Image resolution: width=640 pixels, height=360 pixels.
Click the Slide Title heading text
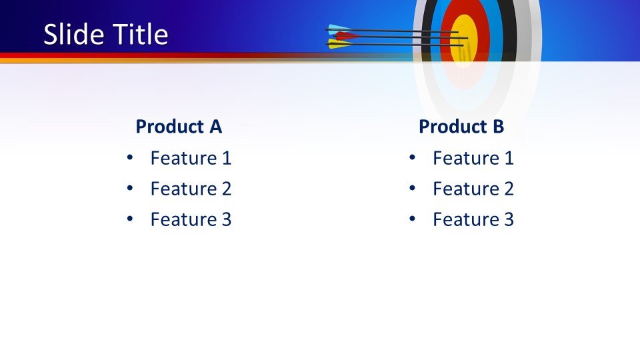105,35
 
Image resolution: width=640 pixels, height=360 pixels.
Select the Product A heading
179,127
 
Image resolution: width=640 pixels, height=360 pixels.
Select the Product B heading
461,127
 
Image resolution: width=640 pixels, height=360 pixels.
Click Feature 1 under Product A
191,159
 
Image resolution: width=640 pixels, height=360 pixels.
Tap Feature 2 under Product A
191,189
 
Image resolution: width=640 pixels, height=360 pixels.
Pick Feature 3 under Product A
191,220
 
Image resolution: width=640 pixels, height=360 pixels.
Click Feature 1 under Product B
473,159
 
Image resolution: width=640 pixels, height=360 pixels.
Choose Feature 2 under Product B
473,189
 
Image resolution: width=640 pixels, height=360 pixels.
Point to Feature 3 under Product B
473,220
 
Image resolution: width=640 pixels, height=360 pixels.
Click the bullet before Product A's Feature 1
129,158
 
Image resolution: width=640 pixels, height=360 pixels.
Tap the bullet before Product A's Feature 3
129,219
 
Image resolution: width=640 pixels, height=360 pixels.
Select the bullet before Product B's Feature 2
412,189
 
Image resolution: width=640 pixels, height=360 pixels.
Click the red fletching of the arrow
344,36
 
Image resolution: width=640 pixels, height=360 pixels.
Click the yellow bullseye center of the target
464,39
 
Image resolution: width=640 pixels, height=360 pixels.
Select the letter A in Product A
215,127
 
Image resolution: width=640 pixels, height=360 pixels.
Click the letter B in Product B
497,127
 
